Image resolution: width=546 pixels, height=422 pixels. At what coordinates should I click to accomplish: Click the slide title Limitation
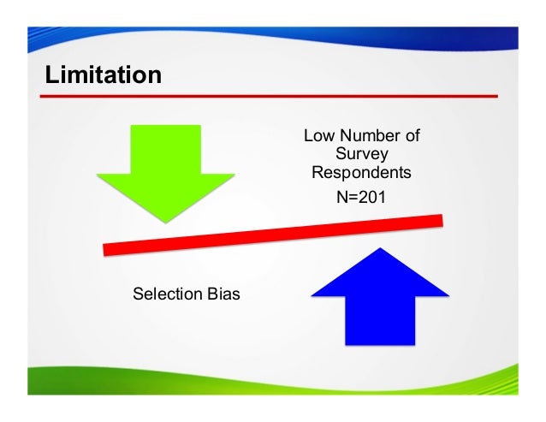pos(104,74)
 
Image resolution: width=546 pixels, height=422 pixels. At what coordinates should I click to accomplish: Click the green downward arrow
pos(165,175)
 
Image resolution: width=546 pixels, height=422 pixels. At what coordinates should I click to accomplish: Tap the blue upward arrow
pos(379,294)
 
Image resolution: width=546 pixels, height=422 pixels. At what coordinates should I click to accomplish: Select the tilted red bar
pos(272,235)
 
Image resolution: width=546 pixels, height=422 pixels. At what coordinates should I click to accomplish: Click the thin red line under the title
pos(272,97)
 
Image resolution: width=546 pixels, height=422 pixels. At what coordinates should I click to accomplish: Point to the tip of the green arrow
pos(165,221)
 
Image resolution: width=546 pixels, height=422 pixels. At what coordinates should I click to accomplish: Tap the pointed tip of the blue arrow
pos(379,250)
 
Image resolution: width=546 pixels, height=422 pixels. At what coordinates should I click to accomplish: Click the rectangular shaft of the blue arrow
pos(379,321)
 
